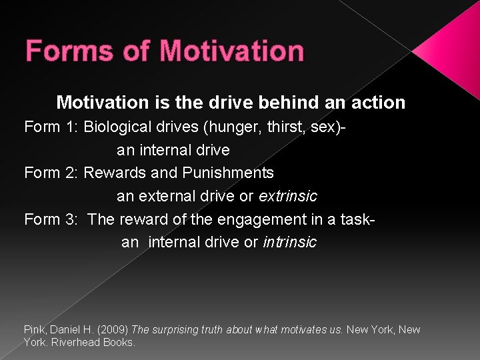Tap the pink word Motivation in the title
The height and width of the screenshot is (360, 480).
[232, 51]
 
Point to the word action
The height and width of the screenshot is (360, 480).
[379, 103]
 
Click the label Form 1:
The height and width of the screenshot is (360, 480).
[51, 127]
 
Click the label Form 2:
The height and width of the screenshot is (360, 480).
[51, 173]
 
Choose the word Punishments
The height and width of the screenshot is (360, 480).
[228, 173]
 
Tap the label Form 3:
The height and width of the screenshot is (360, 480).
[51, 219]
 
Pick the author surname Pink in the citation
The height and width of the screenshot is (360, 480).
[34, 329]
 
